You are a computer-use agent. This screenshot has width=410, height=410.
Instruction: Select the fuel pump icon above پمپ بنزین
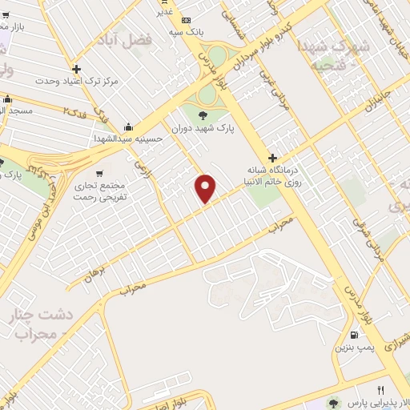353,335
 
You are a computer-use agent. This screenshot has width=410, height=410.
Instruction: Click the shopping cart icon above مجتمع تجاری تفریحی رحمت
99,173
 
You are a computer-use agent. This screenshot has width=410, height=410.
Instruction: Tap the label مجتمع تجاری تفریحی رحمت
96,191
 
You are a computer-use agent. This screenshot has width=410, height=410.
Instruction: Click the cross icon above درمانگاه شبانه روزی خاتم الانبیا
273,158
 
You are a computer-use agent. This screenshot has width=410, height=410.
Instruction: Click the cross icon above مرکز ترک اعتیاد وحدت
77,69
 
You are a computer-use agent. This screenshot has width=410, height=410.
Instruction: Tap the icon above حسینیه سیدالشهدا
128,127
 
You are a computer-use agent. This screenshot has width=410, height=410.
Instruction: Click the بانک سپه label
183,32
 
